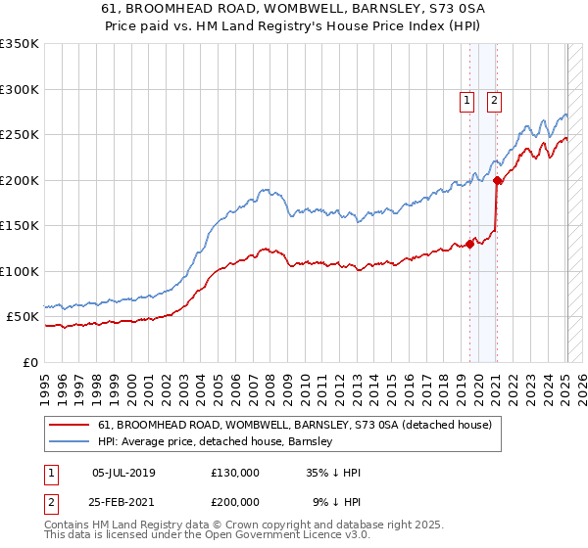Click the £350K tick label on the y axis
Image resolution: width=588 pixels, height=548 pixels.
tap(20, 44)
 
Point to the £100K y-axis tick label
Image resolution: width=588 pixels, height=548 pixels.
tap(20, 271)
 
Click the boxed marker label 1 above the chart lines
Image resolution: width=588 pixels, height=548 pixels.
tap(466, 99)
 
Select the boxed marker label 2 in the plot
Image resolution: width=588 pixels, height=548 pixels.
tap(494, 99)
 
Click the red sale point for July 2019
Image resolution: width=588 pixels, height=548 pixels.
tap(470, 244)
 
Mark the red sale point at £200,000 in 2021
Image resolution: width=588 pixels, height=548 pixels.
tap(498, 180)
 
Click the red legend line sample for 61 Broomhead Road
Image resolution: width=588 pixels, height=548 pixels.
tap(70, 425)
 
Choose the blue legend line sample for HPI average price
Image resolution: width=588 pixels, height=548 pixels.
tap(70, 441)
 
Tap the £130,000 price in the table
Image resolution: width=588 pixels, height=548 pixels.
tap(235, 473)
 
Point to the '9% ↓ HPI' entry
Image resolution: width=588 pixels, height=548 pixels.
tap(336, 501)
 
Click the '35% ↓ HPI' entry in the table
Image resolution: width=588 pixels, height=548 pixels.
tap(333, 473)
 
